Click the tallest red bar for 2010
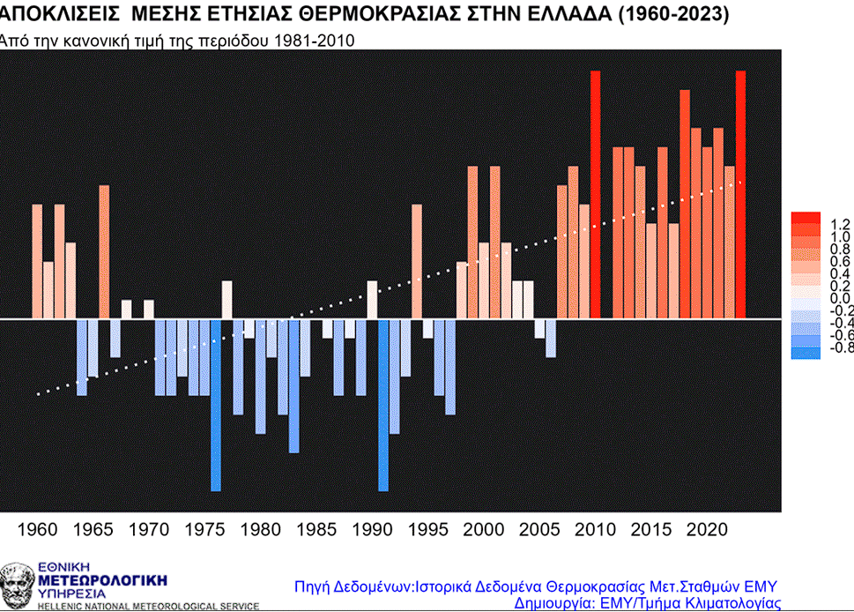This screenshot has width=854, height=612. tap(595, 194)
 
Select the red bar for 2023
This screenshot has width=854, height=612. tap(740, 194)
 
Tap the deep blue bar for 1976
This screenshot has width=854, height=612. tap(216, 406)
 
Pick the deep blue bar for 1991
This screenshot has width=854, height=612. tap(383, 406)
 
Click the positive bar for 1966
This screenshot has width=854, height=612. tap(104, 251)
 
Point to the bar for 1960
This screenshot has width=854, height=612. tap(37, 261)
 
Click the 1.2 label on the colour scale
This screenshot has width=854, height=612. tap(840, 224)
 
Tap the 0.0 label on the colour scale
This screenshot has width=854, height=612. tap(840, 298)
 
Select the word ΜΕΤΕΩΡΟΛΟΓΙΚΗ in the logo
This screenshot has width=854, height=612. tap(103, 580)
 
